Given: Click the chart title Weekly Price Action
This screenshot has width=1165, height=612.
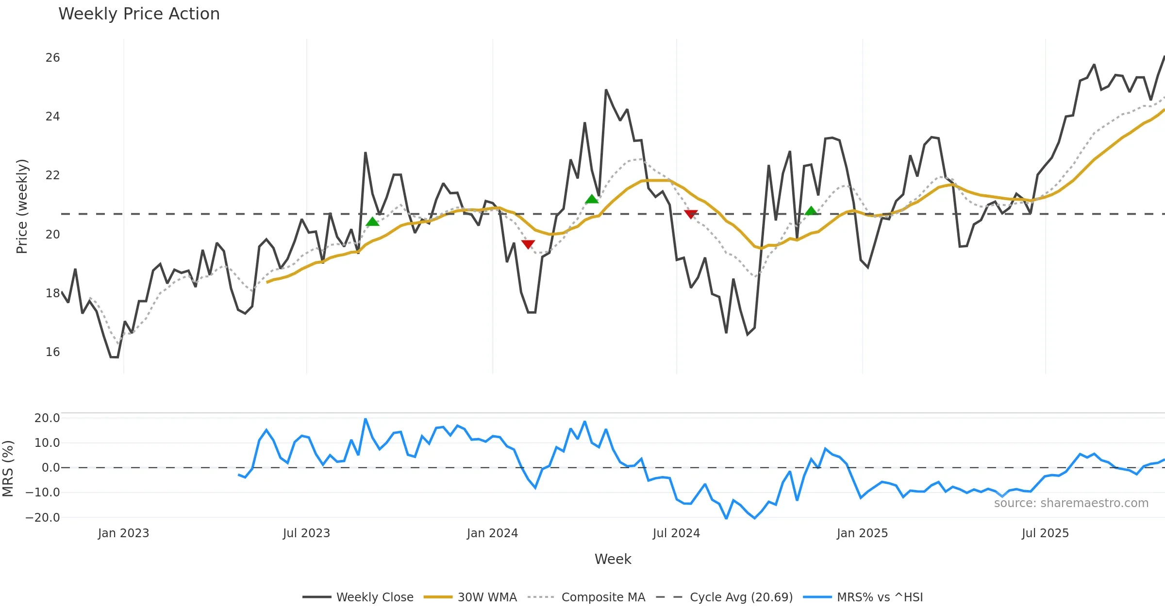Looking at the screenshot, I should coord(139,14).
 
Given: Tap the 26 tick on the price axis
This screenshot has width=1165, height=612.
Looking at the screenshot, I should coord(52,58).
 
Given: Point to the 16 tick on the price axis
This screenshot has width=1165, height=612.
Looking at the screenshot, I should coord(52,352).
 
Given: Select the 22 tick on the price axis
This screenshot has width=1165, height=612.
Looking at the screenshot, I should coord(52,175).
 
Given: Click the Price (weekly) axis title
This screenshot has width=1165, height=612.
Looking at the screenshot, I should coord(22,206).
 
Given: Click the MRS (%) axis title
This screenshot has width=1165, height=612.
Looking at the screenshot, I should coord(8,468).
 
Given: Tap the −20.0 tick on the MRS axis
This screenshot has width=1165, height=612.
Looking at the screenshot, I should coord(43,518).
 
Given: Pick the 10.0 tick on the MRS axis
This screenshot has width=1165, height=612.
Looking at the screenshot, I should coord(47,443).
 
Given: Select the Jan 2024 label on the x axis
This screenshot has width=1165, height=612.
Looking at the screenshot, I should coord(492,533).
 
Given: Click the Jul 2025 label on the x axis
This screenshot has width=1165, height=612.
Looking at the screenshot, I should coord(1045,533).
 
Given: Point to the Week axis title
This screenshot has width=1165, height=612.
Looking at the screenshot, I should coord(613,560).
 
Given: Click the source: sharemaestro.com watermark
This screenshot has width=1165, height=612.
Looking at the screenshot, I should coord(1071,503).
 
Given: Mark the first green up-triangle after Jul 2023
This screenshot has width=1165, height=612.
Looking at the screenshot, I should coord(372,222).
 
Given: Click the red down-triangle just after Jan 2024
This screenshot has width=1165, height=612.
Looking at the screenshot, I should coord(528,244).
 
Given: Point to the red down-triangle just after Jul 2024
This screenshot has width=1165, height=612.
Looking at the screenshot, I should coord(691,214).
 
